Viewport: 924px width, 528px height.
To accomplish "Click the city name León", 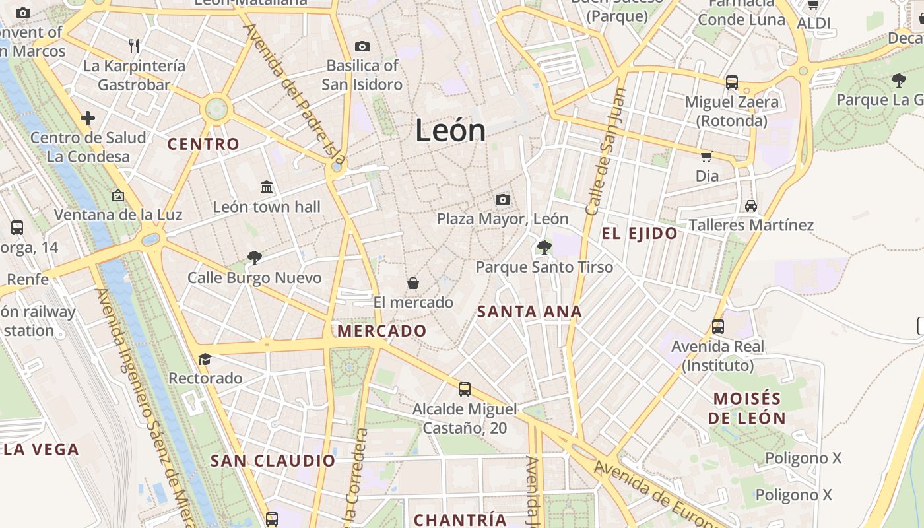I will point(451,131).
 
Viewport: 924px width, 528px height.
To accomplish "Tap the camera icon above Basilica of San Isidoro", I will point(362,46).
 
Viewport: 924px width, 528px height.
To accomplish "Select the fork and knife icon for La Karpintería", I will point(134,46).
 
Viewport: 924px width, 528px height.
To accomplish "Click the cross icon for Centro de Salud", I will point(88,118).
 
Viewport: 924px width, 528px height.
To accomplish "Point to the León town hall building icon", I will point(267,187).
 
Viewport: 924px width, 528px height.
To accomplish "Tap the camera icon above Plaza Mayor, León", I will point(502,199).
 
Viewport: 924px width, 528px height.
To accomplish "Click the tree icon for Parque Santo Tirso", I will point(544,248).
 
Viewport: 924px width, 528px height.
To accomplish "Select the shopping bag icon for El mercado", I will point(412,283).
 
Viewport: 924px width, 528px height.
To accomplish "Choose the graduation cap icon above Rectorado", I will point(205,359).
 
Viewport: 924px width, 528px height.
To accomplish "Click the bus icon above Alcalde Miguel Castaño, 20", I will point(465,389).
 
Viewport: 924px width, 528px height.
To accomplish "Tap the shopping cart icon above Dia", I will point(706,157).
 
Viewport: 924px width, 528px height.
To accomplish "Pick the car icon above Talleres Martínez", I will point(750,206).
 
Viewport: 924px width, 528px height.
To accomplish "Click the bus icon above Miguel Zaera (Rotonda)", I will point(731,82).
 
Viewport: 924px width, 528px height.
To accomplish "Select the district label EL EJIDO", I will point(640,233).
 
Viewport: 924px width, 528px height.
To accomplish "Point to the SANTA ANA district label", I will point(529,312).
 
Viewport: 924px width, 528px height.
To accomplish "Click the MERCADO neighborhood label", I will point(382,331).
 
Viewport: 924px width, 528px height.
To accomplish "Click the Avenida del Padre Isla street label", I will point(294,94).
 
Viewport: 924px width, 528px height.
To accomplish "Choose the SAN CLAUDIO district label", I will point(273,461).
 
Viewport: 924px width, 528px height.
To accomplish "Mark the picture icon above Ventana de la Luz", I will point(118,195).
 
